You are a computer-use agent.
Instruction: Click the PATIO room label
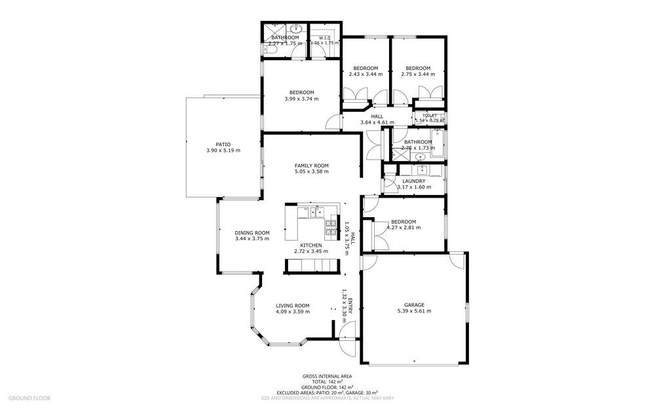tap(223, 144)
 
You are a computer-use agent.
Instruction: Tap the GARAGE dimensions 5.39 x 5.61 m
tap(414, 311)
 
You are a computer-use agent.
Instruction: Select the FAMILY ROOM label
tap(311, 165)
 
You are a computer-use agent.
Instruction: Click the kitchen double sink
tap(317, 211)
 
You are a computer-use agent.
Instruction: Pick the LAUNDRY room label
tap(414, 181)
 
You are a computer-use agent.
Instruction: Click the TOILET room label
tap(429, 115)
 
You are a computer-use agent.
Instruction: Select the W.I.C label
tap(326, 37)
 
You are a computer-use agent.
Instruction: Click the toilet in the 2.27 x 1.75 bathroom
tap(269, 50)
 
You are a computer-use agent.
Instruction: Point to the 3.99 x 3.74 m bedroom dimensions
tap(301, 99)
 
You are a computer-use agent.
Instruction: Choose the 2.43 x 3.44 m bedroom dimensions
tap(365, 75)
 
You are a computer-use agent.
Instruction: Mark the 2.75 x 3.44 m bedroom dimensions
tap(417, 75)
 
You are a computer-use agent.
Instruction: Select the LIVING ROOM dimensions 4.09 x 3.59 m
tap(292, 311)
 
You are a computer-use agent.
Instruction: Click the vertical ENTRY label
tap(350, 307)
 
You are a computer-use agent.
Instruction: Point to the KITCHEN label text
tap(310, 245)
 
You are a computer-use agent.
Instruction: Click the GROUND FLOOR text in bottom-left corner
tap(29, 397)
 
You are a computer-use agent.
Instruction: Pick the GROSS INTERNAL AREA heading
tap(327, 376)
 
